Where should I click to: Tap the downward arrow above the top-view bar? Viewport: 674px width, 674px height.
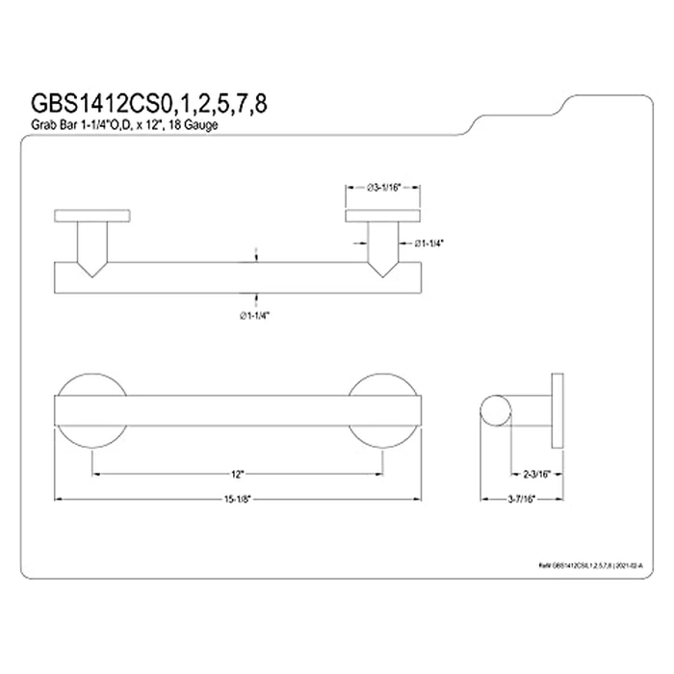point(254,255)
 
